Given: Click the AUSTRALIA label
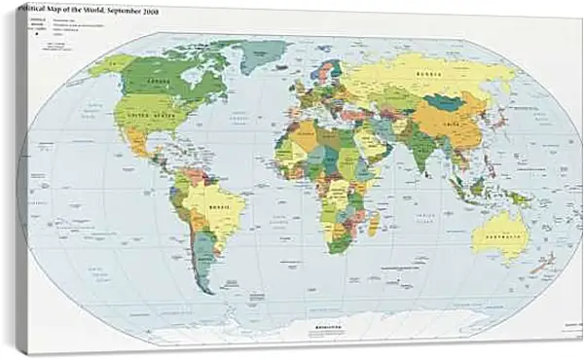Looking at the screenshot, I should click(499, 233).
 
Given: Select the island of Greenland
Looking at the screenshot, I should click(262, 53).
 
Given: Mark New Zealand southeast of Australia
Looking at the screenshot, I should click(541, 262).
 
